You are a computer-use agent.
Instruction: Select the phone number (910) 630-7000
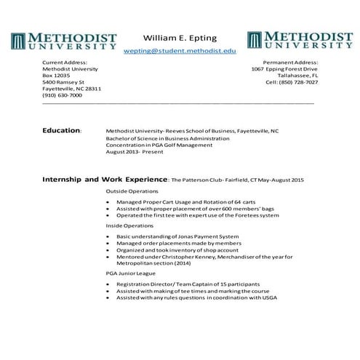coord(62,95)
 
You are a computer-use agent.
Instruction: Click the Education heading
coord(62,130)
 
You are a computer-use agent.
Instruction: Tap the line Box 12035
coord(56,76)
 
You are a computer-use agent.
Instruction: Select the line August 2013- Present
coord(135,152)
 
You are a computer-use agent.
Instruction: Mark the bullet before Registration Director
coord(108,284)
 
